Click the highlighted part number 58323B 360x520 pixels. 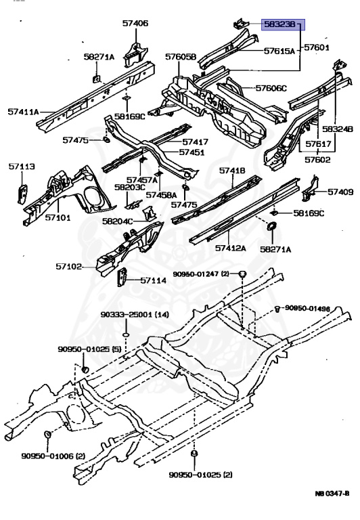click(x=279, y=24)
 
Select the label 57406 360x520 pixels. click(x=135, y=23)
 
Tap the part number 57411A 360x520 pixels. click(x=23, y=112)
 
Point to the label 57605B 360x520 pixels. click(x=181, y=57)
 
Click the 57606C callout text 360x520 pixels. click(x=271, y=88)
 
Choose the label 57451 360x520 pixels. click(x=192, y=152)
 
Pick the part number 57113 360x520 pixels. click(x=22, y=166)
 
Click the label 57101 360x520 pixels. click(x=58, y=217)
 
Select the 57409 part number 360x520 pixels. click(x=340, y=192)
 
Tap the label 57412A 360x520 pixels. click(x=231, y=248)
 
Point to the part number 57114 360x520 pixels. click(x=153, y=280)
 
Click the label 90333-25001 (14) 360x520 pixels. click(x=135, y=314)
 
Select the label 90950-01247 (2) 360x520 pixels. click(x=201, y=274)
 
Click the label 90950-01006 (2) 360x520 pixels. click(x=53, y=456)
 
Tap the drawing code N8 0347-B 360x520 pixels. click(x=332, y=494)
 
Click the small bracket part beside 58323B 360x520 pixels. click(x=240, y=24)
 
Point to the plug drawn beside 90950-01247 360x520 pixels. click(x=243, y=274)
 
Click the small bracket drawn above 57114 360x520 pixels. click(x=122, y=276)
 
